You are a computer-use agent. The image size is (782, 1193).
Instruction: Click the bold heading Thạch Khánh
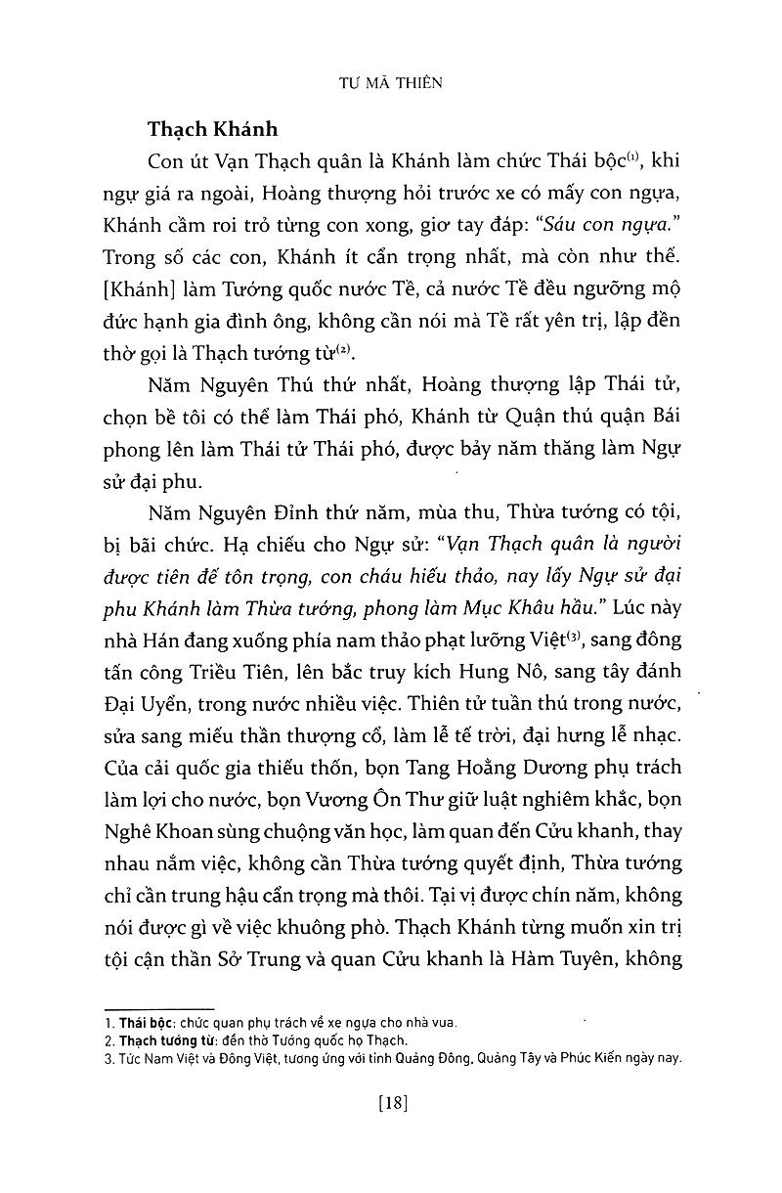213,129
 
